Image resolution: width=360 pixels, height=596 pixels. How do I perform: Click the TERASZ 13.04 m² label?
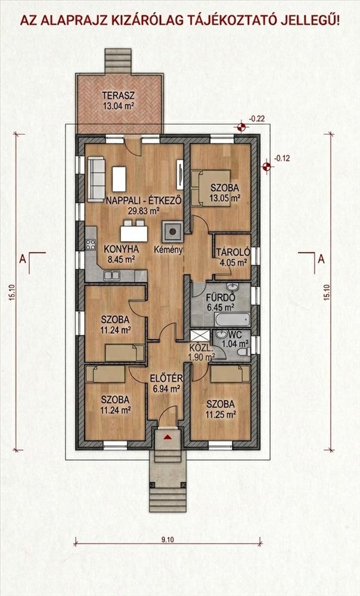coord(119,100)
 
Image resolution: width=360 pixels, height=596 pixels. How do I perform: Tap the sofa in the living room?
coord(96,179)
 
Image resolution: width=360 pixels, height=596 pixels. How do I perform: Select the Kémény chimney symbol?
coord(173,231)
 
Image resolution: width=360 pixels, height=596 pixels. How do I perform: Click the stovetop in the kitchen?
coord(90,244)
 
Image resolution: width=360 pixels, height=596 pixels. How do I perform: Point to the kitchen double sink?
coord(112,275)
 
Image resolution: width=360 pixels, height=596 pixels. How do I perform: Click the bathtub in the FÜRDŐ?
coord(232,319)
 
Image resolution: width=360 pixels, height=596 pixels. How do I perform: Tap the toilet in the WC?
coord(243,352)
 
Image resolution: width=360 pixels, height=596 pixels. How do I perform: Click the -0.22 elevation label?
coord(257,119)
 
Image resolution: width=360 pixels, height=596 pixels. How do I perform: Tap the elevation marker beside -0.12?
coord(266,166)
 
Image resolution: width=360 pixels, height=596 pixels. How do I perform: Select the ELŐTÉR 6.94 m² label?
coord(166,383)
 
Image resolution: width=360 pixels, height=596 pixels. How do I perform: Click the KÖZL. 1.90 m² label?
coord(201,352)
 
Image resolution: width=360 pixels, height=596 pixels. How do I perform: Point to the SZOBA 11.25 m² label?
coord(221,409)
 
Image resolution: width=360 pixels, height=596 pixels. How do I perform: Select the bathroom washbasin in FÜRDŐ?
coord(232,287)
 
